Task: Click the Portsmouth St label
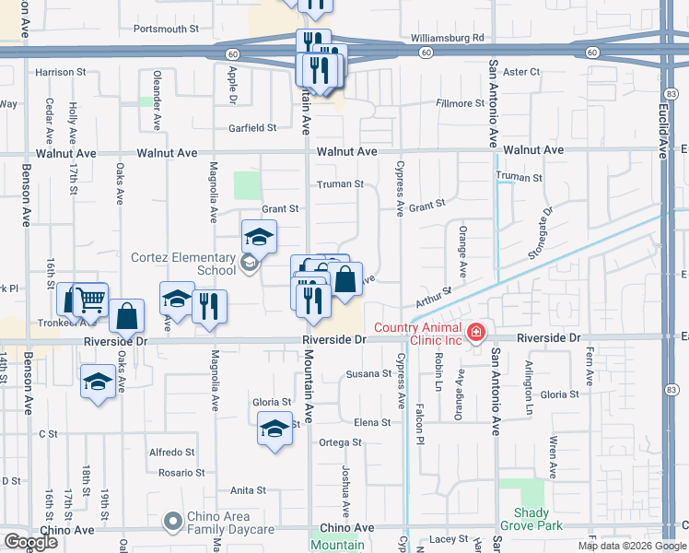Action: [x=166, y=29]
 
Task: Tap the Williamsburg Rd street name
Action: [x=448, y=38]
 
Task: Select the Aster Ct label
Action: [x=520, y=71]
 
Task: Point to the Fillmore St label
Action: [x=461, y=103]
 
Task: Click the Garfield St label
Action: [x=252, y=128]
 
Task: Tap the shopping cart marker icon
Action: [x=90, y=299]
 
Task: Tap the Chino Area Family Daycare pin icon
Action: [x=172, y=523]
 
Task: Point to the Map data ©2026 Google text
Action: [x=630, y=546]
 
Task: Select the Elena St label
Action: [x=372, y=422]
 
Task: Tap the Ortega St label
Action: [x=340, y=442]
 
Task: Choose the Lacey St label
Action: [x=449, y=539]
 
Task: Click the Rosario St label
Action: [x=180, y=473]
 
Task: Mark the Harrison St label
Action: [x=60, y=71]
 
